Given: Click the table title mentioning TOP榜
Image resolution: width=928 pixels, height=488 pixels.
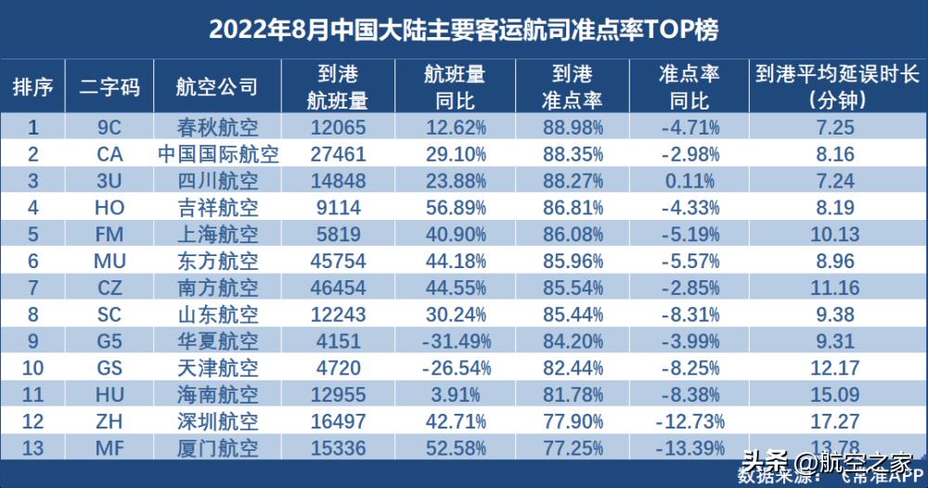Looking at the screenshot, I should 463,29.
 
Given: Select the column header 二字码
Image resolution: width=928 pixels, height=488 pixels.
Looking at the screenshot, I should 110,87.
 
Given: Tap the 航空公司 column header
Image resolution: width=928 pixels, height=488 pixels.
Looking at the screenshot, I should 216,87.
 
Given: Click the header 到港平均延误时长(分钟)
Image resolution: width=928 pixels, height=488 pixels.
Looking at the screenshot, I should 837,87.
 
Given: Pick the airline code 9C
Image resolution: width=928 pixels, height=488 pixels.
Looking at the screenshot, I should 110,127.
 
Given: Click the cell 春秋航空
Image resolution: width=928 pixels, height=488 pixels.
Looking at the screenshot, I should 217,127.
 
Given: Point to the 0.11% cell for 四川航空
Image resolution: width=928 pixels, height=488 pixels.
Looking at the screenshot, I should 688,181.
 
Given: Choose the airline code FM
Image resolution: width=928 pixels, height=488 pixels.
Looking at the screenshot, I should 110,236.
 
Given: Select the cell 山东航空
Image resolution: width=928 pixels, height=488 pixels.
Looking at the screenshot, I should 217,316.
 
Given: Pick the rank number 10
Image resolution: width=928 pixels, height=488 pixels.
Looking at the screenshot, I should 32,370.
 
